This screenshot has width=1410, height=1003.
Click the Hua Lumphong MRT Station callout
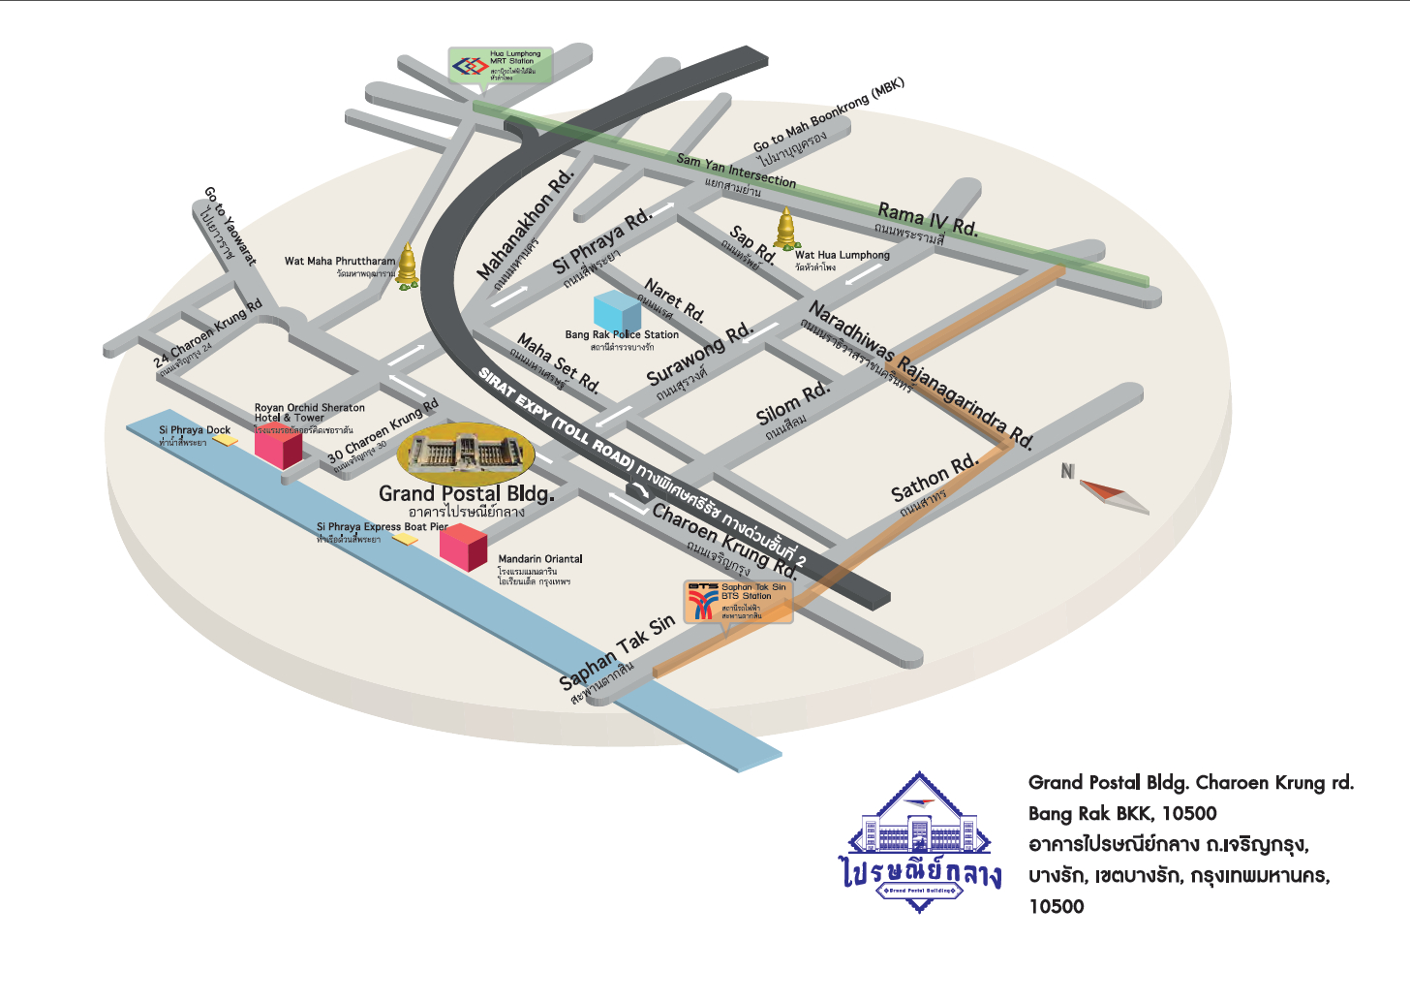[x=501, y=66]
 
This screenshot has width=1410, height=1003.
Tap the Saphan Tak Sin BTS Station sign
[x=739, y=602]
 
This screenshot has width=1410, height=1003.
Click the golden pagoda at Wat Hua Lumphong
[x=785, y=229]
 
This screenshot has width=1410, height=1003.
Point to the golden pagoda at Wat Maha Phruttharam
[x=409, y=265]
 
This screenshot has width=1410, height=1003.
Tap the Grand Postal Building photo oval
[x=466, y=454]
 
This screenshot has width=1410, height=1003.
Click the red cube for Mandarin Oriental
[x=463, y=547]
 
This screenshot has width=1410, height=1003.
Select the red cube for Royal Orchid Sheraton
[x=278, y=447]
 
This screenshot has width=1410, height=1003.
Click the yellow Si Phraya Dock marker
[x=226, y=439]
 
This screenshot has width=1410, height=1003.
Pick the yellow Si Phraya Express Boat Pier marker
[x=406, y=539]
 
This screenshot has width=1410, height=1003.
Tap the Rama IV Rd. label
[x=927, y=219]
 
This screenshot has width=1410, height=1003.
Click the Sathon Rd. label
[x=935, y=477]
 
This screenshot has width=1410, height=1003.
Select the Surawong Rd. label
[x=699, y=353]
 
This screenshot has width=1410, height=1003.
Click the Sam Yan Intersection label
[x=736, y=171]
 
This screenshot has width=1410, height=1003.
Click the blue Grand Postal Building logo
[x=919, y=844]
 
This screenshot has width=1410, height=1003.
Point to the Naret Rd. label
[x=675, y=299]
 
